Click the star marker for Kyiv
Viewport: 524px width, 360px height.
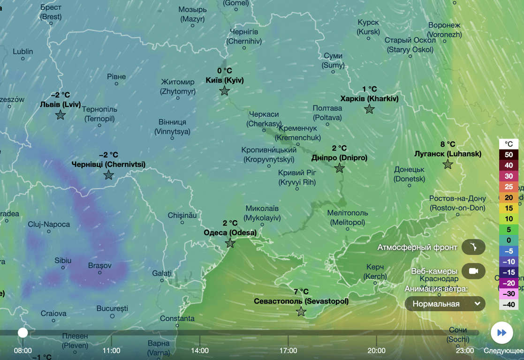(x=225, y=91)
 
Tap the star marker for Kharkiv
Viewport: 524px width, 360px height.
(x=370, y=109)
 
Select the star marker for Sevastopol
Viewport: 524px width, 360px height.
(x=301, y=312)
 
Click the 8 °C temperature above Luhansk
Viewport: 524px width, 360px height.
(x=448, y=144)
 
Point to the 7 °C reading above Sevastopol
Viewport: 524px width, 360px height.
(x=301, y=292)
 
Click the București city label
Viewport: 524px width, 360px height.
(x=112, y=308)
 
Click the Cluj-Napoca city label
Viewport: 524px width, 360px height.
(x=49, y=225)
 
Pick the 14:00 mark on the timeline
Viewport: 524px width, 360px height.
(x=200, y=350)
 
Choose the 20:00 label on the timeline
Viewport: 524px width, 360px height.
(x=376, y=350)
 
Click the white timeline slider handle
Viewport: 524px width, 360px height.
(x=23, y=333)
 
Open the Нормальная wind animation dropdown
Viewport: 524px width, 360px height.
(x=445, y=304)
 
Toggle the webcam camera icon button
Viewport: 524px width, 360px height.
(x=473, y=271)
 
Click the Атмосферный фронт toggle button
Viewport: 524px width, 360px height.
(x=473, y=247)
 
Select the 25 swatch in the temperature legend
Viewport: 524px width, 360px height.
(x=509, y=187)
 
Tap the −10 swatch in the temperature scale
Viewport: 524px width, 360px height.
(x=509, y=262)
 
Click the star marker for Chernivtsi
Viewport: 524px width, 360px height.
(x=109, y=175)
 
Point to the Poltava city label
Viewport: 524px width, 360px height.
(x=327, y=113)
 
